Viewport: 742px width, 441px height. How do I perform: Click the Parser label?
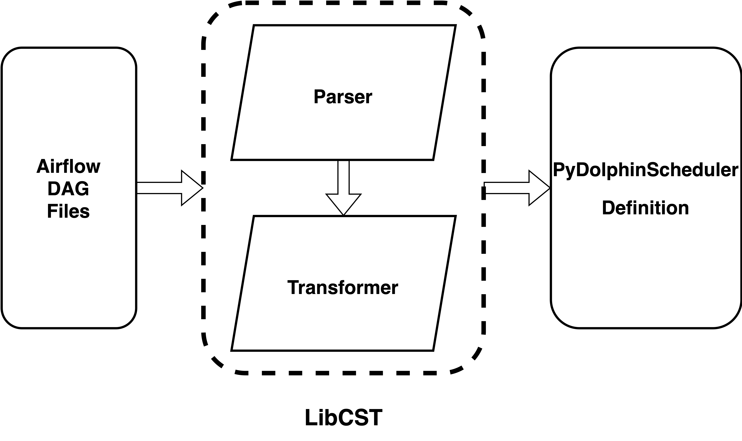(x=343, y=97)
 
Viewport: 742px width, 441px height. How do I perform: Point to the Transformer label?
(x=343, y=288)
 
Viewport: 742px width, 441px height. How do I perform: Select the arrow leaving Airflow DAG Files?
(x=166, y=188)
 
